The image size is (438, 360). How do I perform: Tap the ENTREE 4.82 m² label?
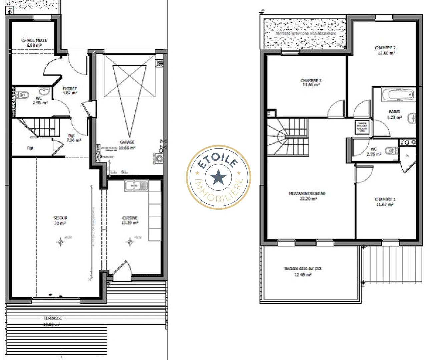coord(70,91)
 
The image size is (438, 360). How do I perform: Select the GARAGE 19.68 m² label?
coord(127,145)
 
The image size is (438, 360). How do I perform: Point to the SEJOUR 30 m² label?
coord(60,220)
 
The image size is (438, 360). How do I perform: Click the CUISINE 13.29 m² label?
coord(130,220)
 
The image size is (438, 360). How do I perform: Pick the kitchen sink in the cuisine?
coord(136,186)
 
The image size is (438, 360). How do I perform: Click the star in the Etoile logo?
coord(218,177)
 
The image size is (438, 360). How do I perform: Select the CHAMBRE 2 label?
coord(386,50)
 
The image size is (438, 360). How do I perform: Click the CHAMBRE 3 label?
coord(311,82)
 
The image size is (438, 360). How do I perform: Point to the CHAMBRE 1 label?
coord(385,202)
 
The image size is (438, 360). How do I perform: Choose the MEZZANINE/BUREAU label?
coord(307,196)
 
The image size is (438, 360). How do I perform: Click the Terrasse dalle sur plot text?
coord(303,268)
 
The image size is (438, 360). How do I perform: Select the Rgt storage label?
coord(30,148)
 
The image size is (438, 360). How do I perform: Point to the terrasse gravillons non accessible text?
coord(306,33)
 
